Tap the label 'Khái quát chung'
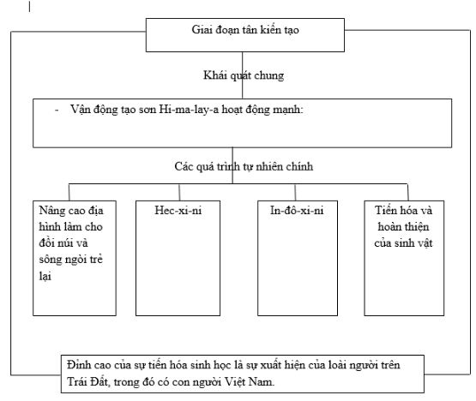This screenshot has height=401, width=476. pos(244,75)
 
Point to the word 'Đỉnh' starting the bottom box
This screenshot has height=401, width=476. pos(79,366)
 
